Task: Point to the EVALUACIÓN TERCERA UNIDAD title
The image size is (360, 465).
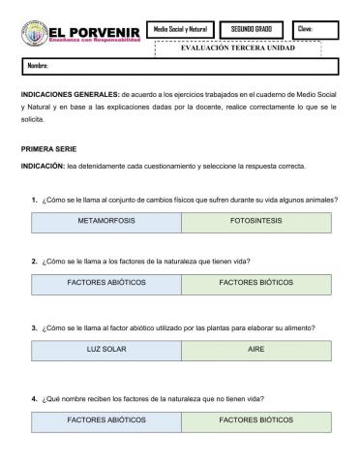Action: [237, 48]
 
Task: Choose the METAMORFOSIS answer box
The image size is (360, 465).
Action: [106, 221]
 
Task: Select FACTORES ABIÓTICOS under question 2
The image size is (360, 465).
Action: [106, 285]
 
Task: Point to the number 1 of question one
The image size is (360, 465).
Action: [34, 200]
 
